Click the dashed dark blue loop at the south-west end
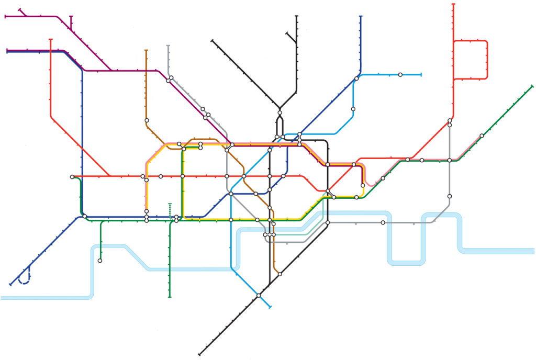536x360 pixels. click(x=24, y=280)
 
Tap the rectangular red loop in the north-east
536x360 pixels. click(x=487, y=59)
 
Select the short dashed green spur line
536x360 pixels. click(x=170, y=209)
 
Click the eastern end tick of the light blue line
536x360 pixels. click(x=421, y=75)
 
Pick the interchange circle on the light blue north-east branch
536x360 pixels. click(x=400, y=75)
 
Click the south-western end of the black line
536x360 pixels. click(x=200, y=354)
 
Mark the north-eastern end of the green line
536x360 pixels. click(x=532, y=86)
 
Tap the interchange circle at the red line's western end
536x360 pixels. click(x=72, y=177)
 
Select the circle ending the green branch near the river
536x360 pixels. click(x=100, y=260)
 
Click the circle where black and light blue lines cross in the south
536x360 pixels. click(x=259, y=296)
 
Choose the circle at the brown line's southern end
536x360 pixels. click(x=280, y=274)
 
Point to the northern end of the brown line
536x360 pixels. click(x=146, y=51)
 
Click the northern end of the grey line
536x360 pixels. click(x=168, y=46)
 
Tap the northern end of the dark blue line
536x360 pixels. click(x=361, y=17)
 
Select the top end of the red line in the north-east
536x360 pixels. click(x=453, y=4)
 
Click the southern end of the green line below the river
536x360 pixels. click(x=170, y=297)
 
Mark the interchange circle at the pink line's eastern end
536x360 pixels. click(x=482, y=136)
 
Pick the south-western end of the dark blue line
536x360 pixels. click(x=10, y=285)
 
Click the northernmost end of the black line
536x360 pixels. click(x=296, y=17)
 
